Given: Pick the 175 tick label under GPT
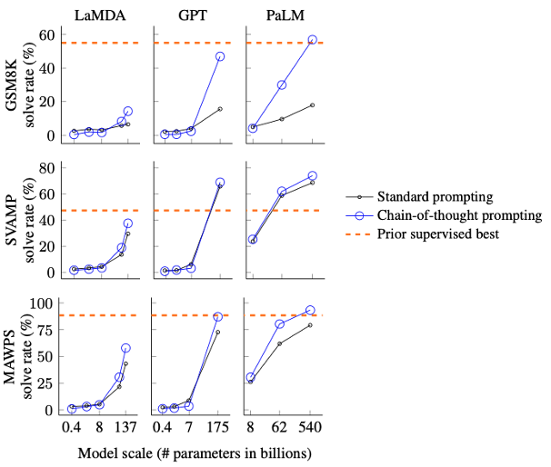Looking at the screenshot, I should pyautogui.click(x=218, y=427).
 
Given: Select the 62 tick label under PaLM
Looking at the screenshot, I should pyautogui.click(x=281, y=427).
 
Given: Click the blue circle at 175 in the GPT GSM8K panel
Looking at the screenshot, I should pyautogui.click(x=219, y=56).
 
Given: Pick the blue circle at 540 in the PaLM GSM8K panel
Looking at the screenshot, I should pyautogui.click(x=312, y=40).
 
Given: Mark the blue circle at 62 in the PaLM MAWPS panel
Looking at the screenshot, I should pyautogui.click(x=281, y=324).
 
